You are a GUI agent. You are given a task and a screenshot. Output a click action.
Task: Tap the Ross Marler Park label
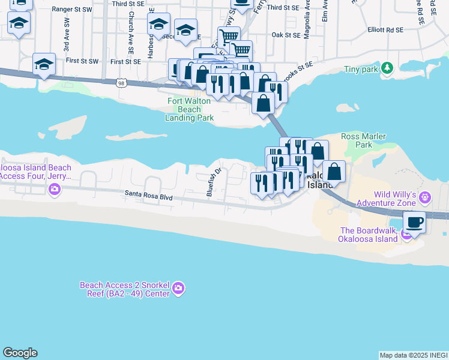coord(363,140)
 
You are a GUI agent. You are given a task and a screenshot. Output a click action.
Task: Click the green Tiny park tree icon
coord(388,68)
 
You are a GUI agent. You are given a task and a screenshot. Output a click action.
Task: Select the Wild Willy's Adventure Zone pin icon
coord(426,197)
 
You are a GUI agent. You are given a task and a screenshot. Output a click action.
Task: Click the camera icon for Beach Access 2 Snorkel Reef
coord(178,289)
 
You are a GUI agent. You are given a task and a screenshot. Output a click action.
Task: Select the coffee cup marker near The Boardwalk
coord(414,223)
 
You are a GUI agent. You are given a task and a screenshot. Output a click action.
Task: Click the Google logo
coord(20,353)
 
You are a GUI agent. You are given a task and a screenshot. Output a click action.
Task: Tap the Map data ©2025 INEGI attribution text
coord(414,355)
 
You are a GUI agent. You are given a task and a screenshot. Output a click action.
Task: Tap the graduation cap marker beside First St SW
coord(44,64)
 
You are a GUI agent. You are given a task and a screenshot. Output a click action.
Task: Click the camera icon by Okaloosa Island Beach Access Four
coord(55,190)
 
